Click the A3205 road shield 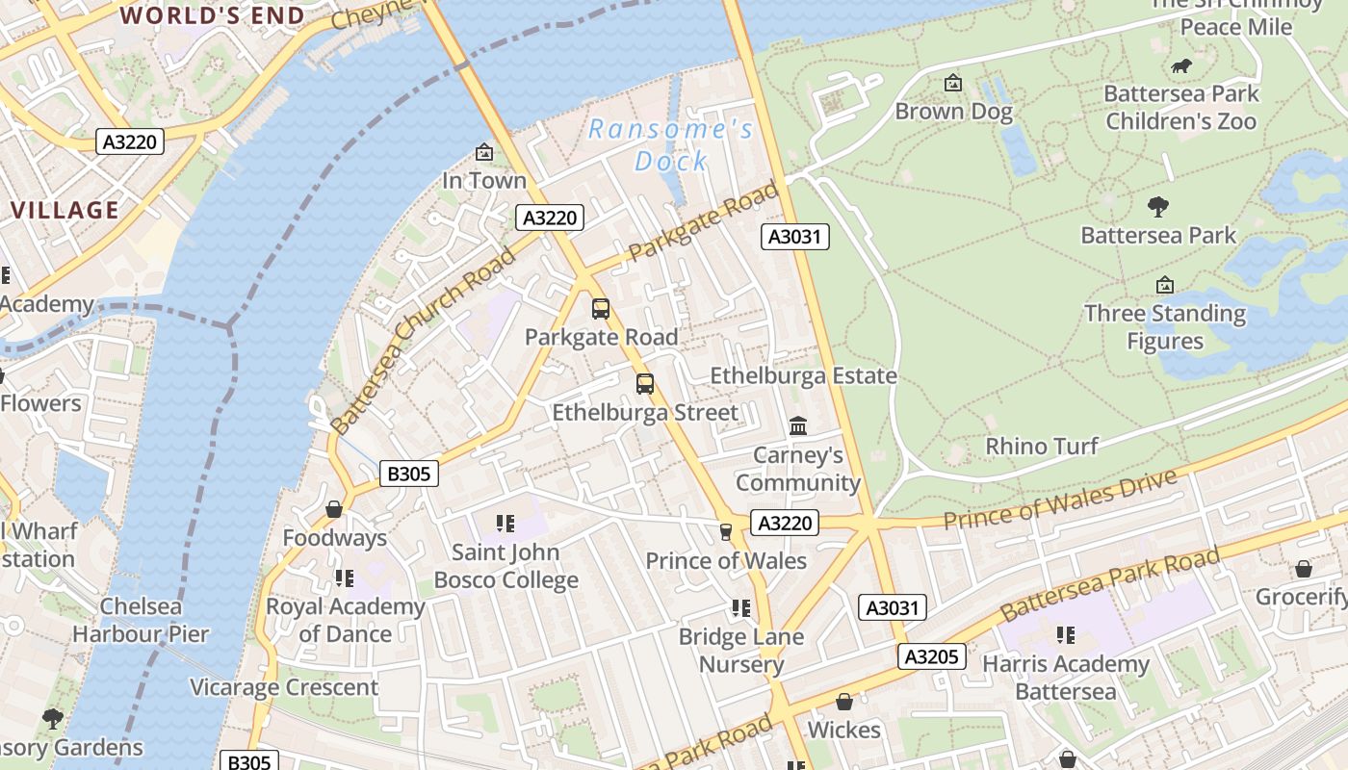tap(931, 656)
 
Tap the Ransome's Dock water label tap(671, 144)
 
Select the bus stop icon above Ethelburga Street tap(645, 384)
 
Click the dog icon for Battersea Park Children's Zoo tap(1180, 65)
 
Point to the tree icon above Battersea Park tap(1158, 206)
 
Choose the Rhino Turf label tap(1042, 446)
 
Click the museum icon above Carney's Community tap(797, 425)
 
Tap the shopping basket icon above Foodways tap(334, 508)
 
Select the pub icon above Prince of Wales tap(726, 531)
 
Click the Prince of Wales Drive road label tap(1059, 500)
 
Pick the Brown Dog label tap(953, 112)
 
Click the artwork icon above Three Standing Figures tap(1164, 285)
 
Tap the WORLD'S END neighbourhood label tap(212, 15)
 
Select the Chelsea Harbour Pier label tap(141, 620)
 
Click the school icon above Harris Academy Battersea tap(1065, 635)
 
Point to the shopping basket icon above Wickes tap(844, 702)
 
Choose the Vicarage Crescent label tap(284, 687)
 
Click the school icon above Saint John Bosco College tap(505, 524)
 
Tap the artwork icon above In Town tap(484, 152)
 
